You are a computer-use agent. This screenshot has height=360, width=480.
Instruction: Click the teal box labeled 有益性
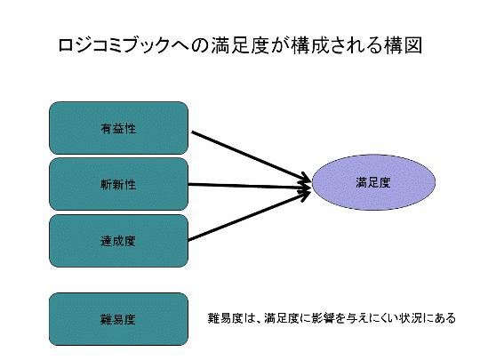(x=118, y=128)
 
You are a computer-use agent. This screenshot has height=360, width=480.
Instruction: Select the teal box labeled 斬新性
(x=118, y=184)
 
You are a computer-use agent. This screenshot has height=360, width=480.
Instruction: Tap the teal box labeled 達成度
(x=118, y=241)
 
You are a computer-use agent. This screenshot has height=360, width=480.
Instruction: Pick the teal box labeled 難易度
(x=118, y=319)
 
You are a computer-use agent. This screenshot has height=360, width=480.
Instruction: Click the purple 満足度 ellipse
(x=373, y=182)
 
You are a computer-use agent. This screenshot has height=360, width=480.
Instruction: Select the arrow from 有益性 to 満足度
(x=251, y=156)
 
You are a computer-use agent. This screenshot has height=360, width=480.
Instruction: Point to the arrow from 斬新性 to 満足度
(x=250, y=186)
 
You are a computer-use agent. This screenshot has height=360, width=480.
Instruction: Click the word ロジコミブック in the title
(x=114, y=45)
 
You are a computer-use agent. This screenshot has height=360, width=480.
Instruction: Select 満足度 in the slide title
(x=239, y=45)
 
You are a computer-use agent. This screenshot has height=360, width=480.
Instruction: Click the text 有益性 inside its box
(x=118, y=129)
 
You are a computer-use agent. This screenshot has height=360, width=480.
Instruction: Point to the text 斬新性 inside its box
(x=118, y=185)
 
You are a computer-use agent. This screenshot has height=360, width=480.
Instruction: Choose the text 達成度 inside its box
(x=118, y=241)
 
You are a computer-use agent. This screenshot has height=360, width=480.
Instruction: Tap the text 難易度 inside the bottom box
(x=118, y=320)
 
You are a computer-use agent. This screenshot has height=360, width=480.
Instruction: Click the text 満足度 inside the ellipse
(x=373, y=183)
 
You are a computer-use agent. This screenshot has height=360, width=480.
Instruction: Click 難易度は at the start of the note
(x=231, y=318)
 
